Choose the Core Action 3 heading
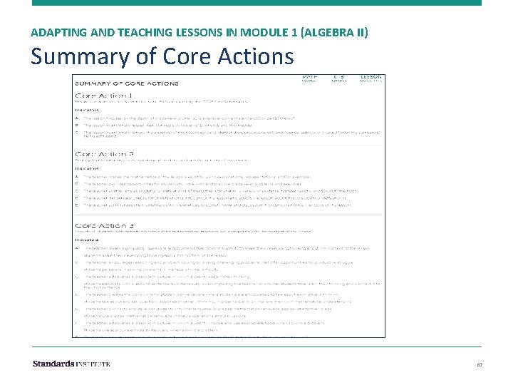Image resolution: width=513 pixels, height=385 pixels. point(104,226)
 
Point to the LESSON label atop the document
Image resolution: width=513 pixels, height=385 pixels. point(370,77)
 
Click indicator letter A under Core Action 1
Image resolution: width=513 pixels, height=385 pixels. point(77,116)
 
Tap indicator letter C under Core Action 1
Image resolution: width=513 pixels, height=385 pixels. point(77,130)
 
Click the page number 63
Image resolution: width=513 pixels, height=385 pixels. point(479,364)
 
